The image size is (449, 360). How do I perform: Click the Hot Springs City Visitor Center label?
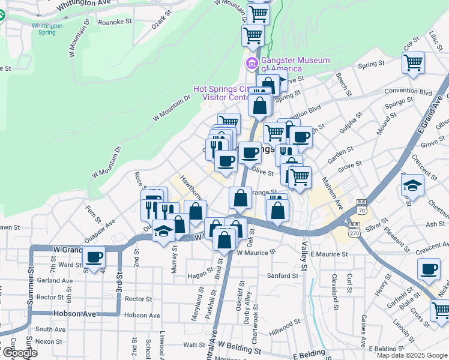(220, 93)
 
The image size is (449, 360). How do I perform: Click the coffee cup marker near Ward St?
(94, 257)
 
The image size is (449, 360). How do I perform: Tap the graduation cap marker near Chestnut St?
(414, 185)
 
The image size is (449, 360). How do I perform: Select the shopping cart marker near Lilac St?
(413, 62)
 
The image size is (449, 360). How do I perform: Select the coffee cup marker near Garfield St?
(430, 269)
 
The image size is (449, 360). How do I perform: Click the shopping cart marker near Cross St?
(441, 310)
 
